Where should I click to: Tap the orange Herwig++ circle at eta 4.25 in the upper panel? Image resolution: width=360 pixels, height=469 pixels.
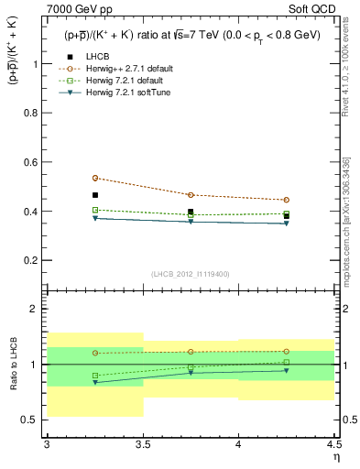click(x=287, y=200)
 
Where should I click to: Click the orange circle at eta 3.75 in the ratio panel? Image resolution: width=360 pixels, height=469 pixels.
click(x=191, y=352)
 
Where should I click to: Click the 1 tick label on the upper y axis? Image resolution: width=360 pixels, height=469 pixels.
click(x=37, y=64)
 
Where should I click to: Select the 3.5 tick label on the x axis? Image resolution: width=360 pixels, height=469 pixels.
click(x=143, y=444)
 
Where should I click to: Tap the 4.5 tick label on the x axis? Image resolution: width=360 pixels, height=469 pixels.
click(x=333, y=444)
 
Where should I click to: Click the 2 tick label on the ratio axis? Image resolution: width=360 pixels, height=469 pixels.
click(x=37, y=309)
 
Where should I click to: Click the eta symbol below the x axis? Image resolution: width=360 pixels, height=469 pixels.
click(x=335, y=457)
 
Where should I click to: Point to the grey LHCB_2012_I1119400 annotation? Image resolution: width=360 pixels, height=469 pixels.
click(x=191, y=273)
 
